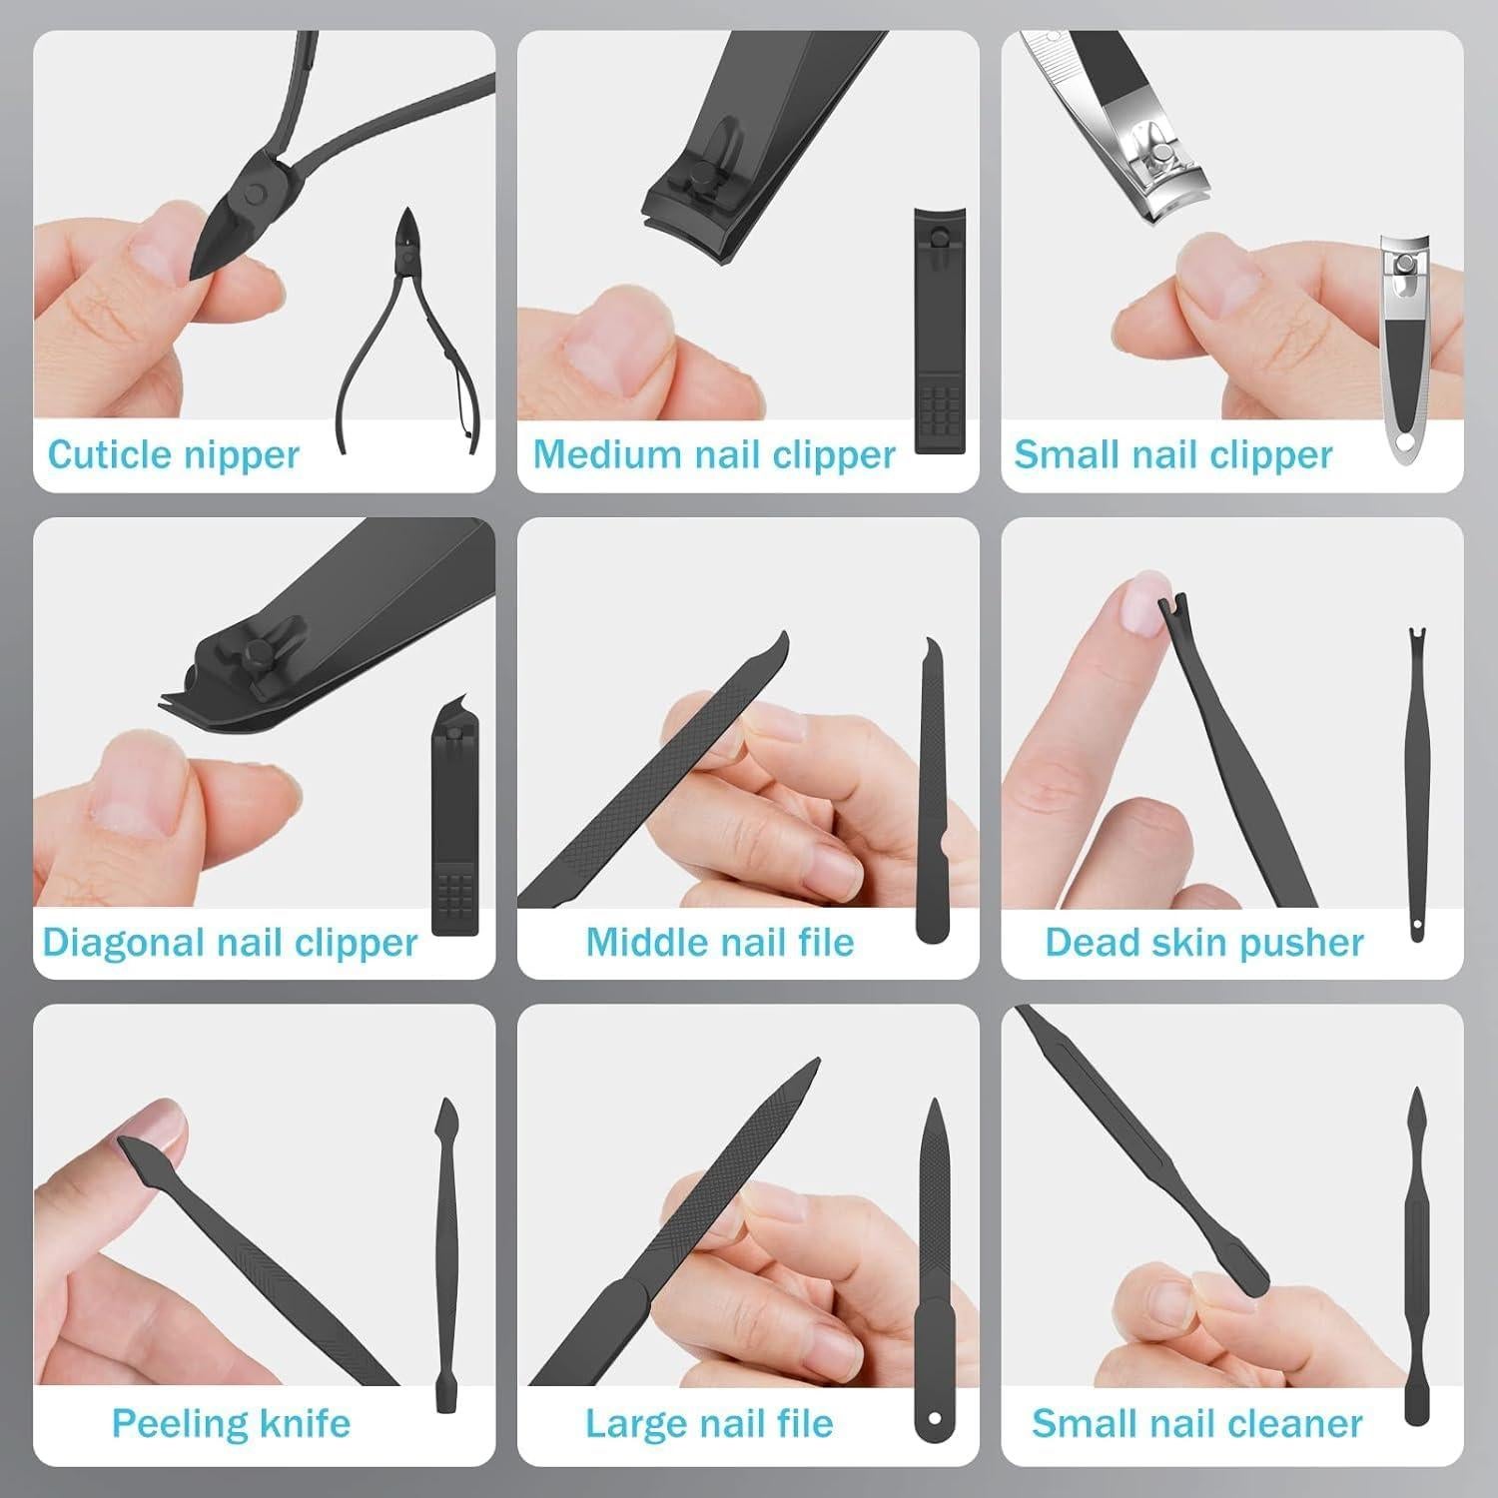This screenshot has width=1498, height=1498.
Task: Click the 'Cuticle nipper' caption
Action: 173,455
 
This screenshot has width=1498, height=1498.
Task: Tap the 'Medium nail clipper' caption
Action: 714,455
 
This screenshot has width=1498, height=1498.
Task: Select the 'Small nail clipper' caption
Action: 1172,455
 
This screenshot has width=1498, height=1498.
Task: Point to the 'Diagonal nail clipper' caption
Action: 230,943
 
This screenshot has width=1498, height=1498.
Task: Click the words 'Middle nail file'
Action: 719,943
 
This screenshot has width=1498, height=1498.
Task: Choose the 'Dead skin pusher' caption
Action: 1203,943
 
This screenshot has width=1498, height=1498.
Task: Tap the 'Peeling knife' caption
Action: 231,1423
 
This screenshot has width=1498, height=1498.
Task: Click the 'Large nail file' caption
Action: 709,1423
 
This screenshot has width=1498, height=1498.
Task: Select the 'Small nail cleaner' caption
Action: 1196,1423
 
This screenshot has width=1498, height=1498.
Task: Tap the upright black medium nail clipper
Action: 940,330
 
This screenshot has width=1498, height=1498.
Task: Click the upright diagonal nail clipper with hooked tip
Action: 454,819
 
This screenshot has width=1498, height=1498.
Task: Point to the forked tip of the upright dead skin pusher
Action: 1415,639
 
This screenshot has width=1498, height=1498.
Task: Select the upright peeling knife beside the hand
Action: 445,1258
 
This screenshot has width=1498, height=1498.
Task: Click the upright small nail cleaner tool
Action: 1416,1258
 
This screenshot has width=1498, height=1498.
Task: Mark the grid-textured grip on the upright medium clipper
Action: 940,409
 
